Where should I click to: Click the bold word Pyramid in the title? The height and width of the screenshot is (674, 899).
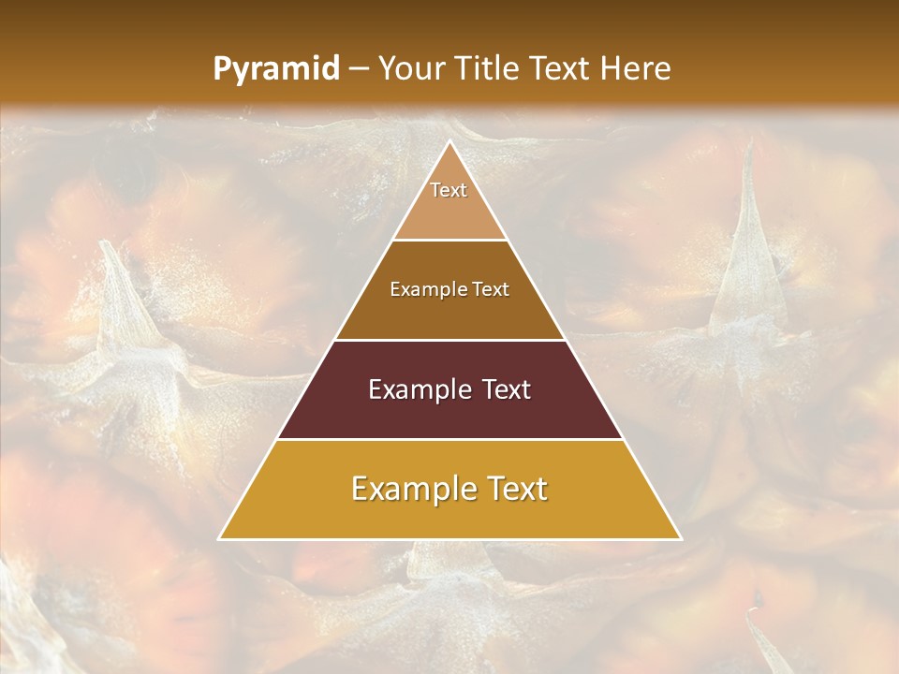tap(275, 69)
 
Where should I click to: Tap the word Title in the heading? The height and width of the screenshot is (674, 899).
tap(485, 69)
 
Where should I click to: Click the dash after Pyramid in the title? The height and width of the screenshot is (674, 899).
tap(358, 69)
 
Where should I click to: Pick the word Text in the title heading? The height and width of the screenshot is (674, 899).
tap(561, 69)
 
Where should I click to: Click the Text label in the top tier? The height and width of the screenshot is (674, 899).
tap(449, 190)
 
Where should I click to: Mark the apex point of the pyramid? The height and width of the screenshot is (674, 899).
tap(449, 142)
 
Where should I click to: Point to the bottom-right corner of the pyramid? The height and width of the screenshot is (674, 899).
tap(680, 538)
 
